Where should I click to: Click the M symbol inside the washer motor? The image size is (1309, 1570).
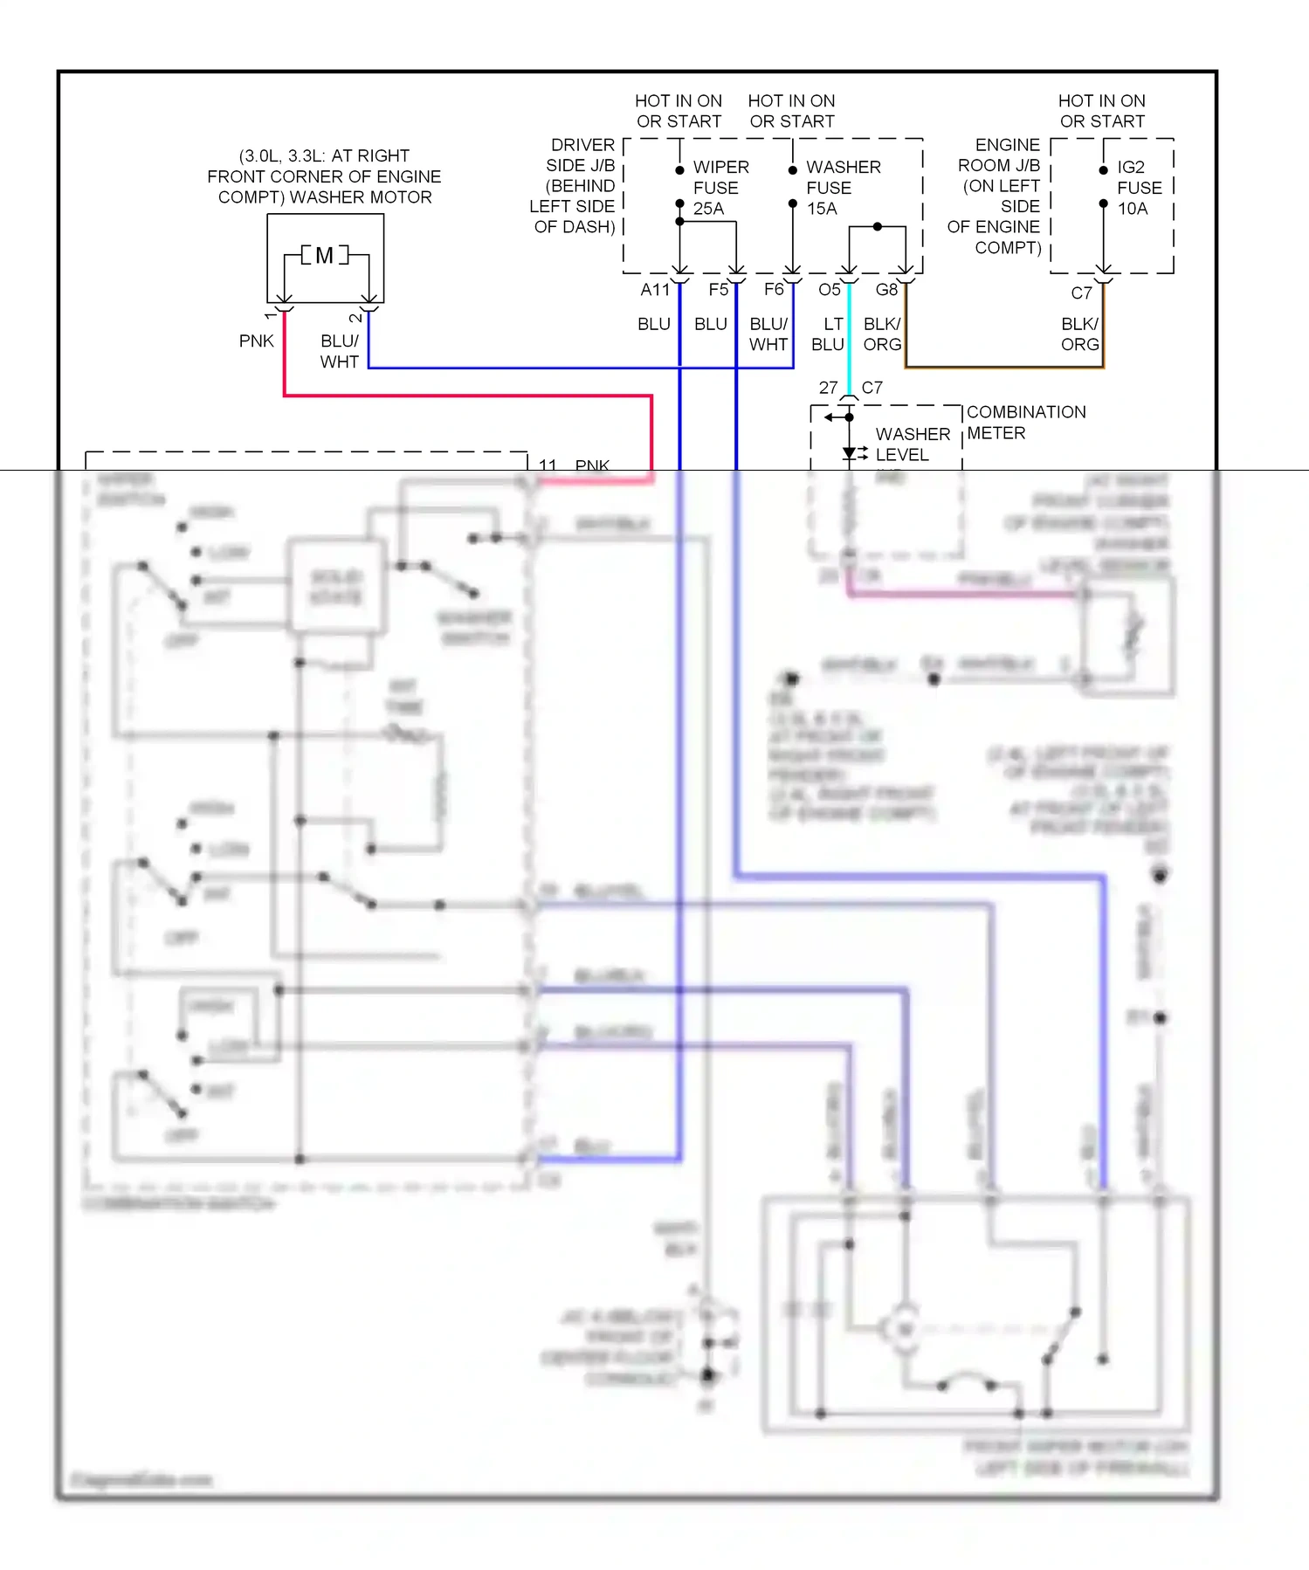coord(324,256)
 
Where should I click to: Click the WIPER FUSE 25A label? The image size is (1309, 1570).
coord(720,188)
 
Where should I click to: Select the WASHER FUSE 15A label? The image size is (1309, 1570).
coord(842,188)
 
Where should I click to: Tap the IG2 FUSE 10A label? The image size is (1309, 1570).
coord(1139,188)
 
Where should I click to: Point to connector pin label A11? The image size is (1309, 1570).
coord(655,290)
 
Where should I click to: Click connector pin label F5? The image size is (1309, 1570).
coord(718,290)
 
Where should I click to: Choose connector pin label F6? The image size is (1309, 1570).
coord(774,290)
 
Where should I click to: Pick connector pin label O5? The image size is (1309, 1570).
coord(830,290)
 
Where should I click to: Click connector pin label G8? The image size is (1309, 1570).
coord(886,290)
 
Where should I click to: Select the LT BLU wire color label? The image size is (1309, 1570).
coord(829,334)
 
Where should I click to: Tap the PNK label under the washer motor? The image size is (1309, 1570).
coord(256,341)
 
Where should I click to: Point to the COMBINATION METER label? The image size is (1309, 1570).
coord(1025,423)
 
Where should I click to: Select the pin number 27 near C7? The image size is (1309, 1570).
coord(828,388)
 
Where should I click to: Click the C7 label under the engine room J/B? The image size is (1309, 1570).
coord(1081,293)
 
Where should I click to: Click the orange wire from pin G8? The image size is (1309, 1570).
coord(1004,368)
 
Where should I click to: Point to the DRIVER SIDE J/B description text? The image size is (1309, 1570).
coord(575,186)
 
